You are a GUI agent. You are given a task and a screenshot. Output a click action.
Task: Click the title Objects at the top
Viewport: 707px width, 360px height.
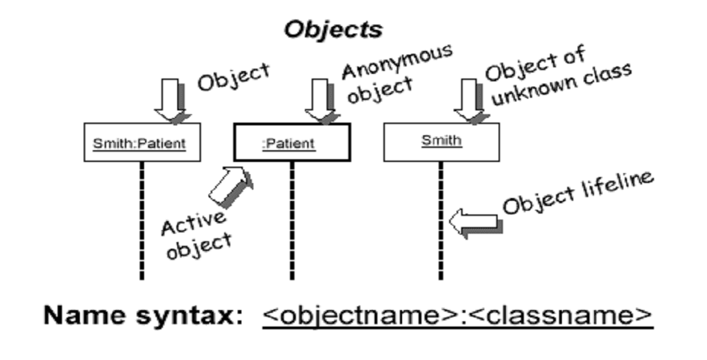pos(333,29)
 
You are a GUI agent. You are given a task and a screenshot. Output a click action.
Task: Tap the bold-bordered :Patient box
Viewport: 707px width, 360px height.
pos(291,143)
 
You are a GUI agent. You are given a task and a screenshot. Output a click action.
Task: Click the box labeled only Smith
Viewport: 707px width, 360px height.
pos(441,141)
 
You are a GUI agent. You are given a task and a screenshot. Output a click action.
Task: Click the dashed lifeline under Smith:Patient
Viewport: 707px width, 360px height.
pos(141,220)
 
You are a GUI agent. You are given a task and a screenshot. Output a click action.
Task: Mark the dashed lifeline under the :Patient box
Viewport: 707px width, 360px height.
pos(291,220)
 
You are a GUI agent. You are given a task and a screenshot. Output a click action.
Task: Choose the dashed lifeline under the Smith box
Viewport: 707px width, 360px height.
pos(441,220)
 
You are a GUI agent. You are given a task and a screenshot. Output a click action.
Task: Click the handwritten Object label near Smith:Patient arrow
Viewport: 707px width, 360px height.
pos(233,76)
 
